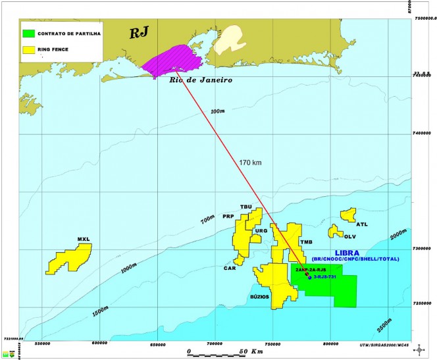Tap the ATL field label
(x=363, y=224)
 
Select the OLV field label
(x=349, y=236)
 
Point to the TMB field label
(x=305, y=242)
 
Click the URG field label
(x=261, y=231)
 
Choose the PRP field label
(x=228, y=217)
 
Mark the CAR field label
(x=229, y=269)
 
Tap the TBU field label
(x=247, y=207)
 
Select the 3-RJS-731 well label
(x=326, y=277)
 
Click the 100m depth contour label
(x=218, y=111)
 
